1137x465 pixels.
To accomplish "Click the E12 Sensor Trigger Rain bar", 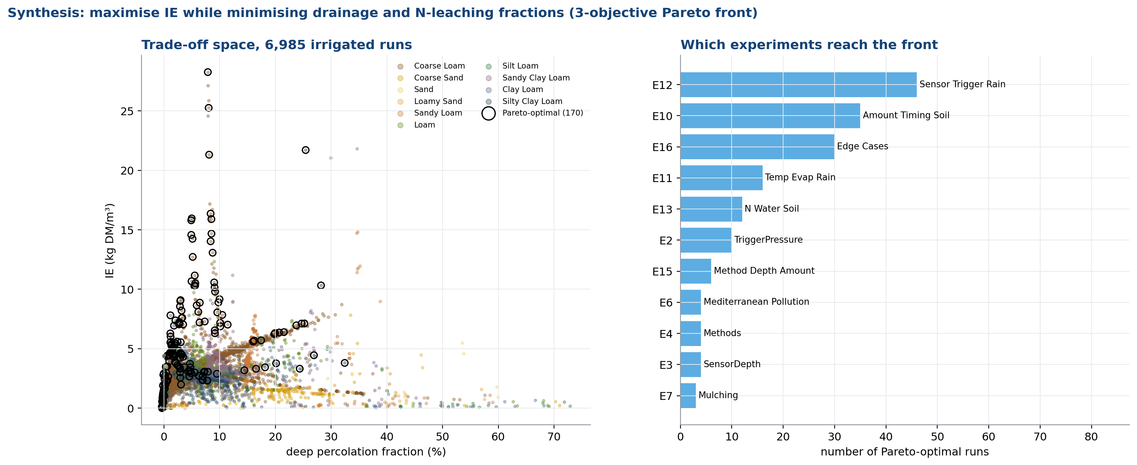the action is pos(798,85).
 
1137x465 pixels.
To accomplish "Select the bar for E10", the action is pos(770,116).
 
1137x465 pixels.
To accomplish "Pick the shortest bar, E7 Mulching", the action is pos(688,396).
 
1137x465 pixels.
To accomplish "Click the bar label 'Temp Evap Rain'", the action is pos(800,177).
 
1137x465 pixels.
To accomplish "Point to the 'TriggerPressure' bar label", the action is pos(768,240).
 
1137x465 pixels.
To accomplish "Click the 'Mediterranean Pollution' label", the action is pos(756,302).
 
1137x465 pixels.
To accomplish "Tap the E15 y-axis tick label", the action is pos(662,272).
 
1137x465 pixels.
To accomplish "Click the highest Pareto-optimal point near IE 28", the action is pos(207,72).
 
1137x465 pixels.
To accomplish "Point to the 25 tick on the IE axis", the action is pos(127,111).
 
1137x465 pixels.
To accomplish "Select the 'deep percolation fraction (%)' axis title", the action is pos(366,452).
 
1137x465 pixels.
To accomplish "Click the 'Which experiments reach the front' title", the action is pos(809,45).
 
